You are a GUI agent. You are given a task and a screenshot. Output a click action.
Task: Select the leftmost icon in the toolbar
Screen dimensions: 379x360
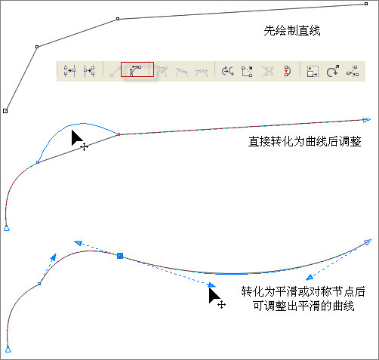pyautogui.click(x=69, y=71)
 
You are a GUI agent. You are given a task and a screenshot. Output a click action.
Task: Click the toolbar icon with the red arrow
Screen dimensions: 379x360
pyautogui.click(x=287, y=71)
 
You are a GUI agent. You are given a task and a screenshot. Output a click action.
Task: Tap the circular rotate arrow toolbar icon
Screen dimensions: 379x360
pyautogui.click(x=333, y=71)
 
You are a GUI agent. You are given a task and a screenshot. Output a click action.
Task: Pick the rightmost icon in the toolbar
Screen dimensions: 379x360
pyautogui.click(x=353, y=71)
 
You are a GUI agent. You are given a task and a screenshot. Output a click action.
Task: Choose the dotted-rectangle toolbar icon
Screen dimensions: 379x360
pyautogui.click(x=313, y=71)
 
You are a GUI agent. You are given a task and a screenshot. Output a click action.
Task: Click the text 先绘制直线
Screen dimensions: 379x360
pyautogui.click(x=292, y=31)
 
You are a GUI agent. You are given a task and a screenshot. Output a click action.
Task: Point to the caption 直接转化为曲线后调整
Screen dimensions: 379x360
pyautogui.click(x=305, y=141)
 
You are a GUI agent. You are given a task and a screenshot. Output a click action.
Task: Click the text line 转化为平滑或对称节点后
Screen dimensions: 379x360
pyautogui.click(x=304, y=291)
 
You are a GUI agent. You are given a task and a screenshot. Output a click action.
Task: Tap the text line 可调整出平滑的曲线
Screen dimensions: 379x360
pyautogui.click(x=304, y=306)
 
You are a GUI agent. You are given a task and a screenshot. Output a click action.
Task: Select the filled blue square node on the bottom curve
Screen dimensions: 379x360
pyautogui.click(x=120, y=256)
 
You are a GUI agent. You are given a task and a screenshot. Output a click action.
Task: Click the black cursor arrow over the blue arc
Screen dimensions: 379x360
pyautogui.click(x=76, y=137)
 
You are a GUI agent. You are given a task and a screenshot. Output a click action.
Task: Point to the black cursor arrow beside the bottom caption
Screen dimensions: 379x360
pyautogui.click(x=214, y=296)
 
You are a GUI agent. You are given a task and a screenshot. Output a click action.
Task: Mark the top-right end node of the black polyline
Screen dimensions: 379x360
pyautogui.click(x=366, y=4)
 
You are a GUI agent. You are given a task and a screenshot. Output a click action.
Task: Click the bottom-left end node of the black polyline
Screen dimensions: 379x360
pyautogui.click(x=5, y=111)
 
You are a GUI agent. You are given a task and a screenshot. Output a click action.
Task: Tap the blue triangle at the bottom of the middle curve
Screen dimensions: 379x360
pyautogui.click(x=7, y=228)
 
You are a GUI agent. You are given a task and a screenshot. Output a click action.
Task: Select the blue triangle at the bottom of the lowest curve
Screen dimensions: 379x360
pyautogui.click(x=8, y=349)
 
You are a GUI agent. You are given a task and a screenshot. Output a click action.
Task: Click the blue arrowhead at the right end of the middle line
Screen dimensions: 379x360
pyautogui.click(x=367, y=120)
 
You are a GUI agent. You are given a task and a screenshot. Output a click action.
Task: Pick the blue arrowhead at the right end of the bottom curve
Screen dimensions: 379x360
pyautogui.click(x=368, y=242)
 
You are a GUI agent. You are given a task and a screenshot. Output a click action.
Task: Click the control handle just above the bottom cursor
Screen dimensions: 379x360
pyautogui.click(x=211, y=285)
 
